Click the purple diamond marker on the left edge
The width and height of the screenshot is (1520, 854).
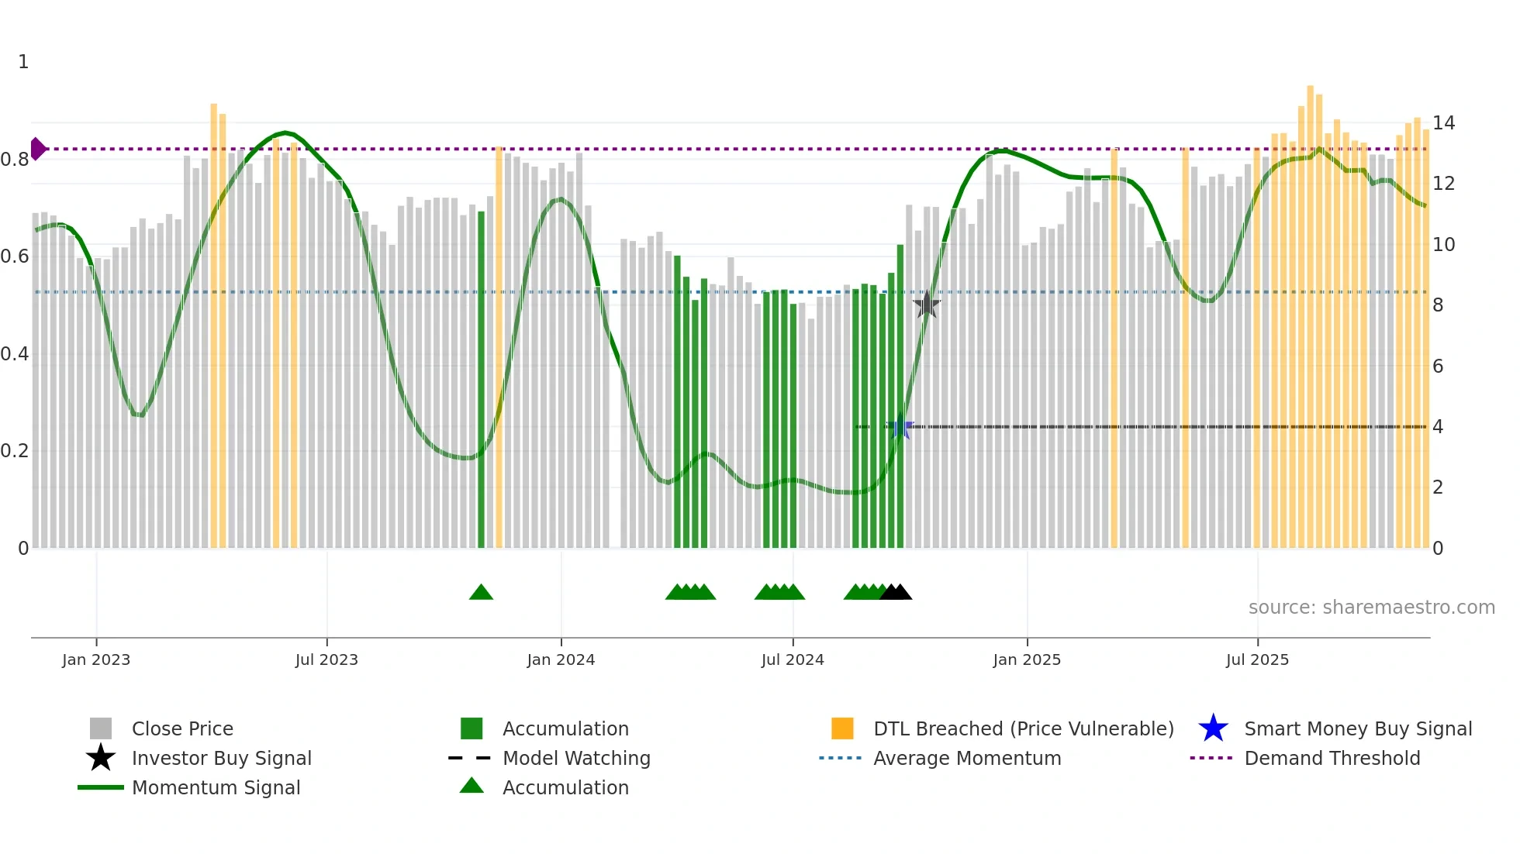click(37, 149)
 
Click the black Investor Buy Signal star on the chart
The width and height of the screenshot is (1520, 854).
click(927, 305)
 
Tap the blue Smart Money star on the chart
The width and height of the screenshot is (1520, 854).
click(900, 427)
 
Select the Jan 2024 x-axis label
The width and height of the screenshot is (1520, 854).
click(561, 659)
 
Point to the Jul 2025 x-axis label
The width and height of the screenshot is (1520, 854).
click(1257, 659)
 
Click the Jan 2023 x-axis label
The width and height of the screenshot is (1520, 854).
click(96, 659)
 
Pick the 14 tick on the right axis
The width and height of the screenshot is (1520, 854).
click(1443, 123)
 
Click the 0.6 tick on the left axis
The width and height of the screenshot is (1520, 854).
click(16, 257)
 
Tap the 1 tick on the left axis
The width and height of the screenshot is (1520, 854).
click(23, 62)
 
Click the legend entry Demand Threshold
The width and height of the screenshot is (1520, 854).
click(1332, 758)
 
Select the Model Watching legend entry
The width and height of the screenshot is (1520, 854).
click(575, 758)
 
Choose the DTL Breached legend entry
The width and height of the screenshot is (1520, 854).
click(1023, 728)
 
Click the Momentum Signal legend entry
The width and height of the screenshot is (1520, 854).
click(216, 787)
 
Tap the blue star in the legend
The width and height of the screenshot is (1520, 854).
click(1213, 728)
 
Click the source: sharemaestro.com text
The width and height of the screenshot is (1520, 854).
click(1371, 608)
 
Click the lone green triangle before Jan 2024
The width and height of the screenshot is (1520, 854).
click(481, 593)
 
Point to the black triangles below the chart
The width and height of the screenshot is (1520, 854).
click(896, 593)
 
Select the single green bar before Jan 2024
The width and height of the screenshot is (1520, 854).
click(481, 380)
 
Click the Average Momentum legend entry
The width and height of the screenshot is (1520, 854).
click(966, 758)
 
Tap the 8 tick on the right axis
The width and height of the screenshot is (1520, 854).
click(1438, 305)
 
